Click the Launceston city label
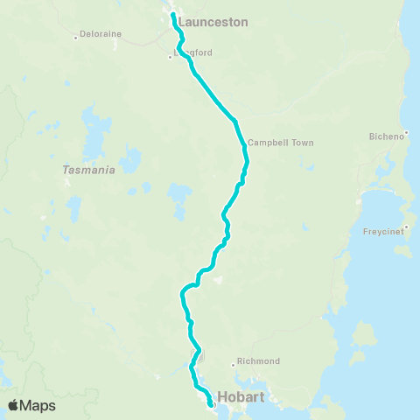[213, 22]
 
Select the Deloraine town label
[100, 34]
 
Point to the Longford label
[194, 52]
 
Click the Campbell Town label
[280, 143]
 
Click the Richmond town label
[258, 361]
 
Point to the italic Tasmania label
[89, 171]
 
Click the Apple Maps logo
[31, 405]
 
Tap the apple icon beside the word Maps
[14, 404]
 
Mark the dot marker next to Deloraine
[75, 38]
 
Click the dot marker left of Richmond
[233, 363]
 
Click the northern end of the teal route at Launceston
[172, 15]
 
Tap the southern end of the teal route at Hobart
[211, 405]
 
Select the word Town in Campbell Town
[299, 143]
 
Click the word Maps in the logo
[38, 405]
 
